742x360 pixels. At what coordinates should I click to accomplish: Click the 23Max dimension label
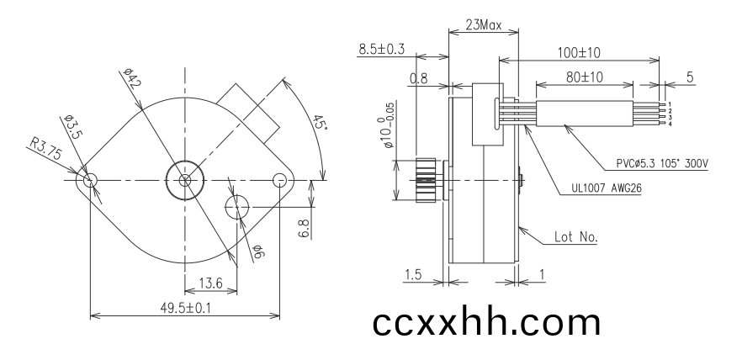483,24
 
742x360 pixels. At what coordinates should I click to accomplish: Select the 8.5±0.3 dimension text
381,49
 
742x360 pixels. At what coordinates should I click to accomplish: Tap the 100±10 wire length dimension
578,52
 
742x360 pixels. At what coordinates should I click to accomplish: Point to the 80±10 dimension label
585,77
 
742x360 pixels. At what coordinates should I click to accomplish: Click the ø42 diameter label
132,78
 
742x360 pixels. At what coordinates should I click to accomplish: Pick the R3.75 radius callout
46,148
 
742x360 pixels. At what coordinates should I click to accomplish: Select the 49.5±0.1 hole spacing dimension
185,308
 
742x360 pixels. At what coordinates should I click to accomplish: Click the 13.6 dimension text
210,283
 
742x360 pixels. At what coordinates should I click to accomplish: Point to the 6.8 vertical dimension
305,229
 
